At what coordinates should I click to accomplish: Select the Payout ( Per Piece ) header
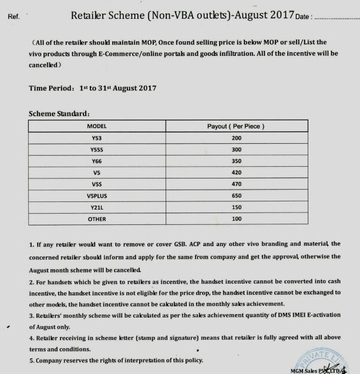(236, 126)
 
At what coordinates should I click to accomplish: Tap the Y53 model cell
(96, 138)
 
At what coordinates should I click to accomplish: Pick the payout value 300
(236, 149)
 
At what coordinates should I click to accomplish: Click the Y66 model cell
(96, 161)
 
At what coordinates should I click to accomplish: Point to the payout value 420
(236, 173)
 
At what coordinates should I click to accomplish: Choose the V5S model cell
(96, 184)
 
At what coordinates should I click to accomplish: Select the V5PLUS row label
(96, 196)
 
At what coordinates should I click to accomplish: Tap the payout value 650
(236, 196)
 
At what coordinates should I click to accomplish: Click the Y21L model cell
(96, 207)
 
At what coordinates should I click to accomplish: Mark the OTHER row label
(96, 218)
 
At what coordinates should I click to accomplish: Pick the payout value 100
(236, 218)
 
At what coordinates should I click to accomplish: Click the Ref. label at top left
(14, 16)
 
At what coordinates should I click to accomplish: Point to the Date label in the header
(304, 16)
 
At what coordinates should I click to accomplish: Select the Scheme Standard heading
(59, 113)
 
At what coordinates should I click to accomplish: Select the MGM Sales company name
(305, 370)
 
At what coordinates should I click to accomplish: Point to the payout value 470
(236, 184)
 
